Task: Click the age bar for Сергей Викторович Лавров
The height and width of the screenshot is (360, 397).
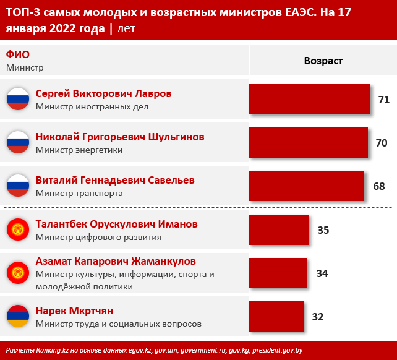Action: coord(309,100)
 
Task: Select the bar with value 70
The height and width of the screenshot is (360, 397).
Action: coord(309,143)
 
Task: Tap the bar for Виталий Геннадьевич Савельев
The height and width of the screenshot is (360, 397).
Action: coord(307,186)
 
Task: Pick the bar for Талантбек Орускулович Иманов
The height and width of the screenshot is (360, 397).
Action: coord(279,229)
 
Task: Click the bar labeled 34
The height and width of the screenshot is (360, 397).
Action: coord(278,273)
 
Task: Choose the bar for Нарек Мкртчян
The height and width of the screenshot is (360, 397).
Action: coord(276,317)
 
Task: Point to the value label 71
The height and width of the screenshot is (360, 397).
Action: coord(384,100)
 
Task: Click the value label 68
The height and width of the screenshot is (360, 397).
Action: coord(379,186)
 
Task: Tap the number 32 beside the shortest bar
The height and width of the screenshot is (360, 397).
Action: coord(318,317)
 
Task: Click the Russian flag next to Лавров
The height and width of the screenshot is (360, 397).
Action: coord(18,99)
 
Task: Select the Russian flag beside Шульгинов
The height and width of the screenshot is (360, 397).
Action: coord(18,142)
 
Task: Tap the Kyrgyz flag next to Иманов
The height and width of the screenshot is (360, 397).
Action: coord(18,229)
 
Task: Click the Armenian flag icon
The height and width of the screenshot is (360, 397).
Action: coord(18,316)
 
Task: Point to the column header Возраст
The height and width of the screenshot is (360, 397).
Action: coord(323,61)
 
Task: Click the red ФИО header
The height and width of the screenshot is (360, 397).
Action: coord(18,54)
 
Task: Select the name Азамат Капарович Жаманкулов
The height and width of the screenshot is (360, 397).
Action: coord(116,261)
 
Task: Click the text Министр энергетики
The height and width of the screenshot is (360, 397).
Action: coord(79,150)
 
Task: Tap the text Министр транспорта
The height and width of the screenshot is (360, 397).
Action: coord(79,194)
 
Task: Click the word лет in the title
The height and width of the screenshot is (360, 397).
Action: coord(126,28)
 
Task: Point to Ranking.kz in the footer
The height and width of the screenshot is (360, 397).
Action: coord(53,350)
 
